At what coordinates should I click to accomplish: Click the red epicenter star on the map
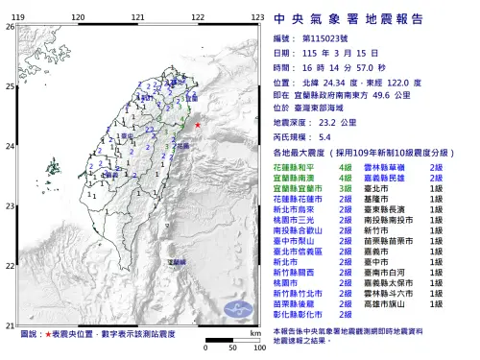pyautogui.click(x=197, y=126)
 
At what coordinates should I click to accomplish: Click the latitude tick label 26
pyautogui.click(x=10, y=27)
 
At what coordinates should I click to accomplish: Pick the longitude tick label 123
pyautogui.click(x=258, y=17)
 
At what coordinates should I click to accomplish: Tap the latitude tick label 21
pyautogui.click(x=10, y=326)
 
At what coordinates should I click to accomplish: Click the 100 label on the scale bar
pyautogui.click(x=258, y=348)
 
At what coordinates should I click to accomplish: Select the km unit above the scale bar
pyautogui.click(x=252, y=332)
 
